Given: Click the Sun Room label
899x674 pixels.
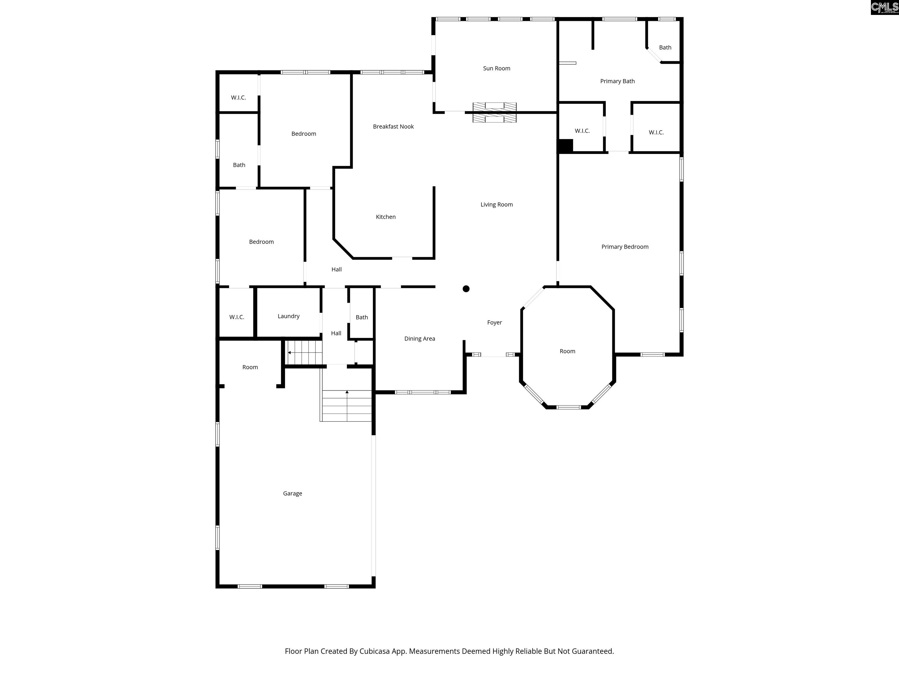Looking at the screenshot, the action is coord(496,68).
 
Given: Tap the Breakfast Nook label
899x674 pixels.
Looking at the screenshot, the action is coord(393,126).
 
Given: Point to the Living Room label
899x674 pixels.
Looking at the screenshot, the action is coord(496,204).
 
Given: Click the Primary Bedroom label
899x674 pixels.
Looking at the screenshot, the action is coord(625,247).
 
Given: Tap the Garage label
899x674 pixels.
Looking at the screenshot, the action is coord(292,493).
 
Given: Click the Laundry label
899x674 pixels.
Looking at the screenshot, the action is coord(288,316).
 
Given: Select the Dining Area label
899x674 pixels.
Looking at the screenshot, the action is coord(419,338).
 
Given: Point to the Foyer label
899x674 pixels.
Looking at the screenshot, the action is coord(494,322).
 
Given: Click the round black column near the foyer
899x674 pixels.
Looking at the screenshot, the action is coord(466,289).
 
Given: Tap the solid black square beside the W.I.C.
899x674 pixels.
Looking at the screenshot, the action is coord(565,146).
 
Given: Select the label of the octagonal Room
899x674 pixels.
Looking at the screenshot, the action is coord(567,351).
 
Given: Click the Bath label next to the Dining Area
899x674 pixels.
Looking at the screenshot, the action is coord(362,317).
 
